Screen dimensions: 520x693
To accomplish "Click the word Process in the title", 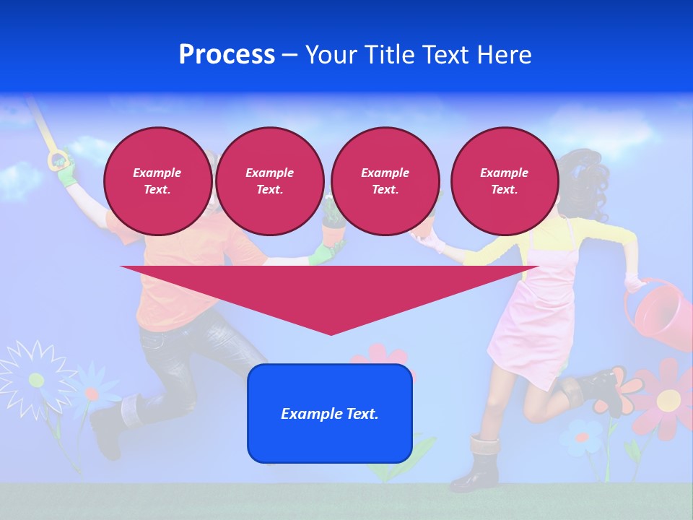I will (227, 55).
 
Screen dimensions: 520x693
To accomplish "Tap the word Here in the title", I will (503, 55).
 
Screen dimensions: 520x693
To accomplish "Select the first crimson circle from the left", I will (157, 181).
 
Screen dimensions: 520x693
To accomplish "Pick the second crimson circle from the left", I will (269, 181).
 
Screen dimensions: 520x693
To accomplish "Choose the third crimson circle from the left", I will (385, 181).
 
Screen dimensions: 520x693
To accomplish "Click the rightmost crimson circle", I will (504, 181).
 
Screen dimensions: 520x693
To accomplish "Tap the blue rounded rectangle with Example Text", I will (330, 413).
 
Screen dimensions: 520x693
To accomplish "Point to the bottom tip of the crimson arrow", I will (331, 333).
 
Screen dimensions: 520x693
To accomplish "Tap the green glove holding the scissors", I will (66, 171).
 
